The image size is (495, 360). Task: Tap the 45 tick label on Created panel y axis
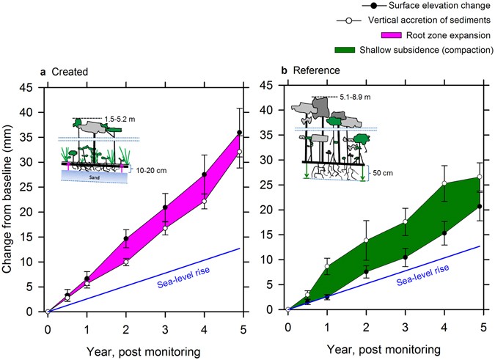coord(30,87)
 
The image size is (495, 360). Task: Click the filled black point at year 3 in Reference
coord(405,257)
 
